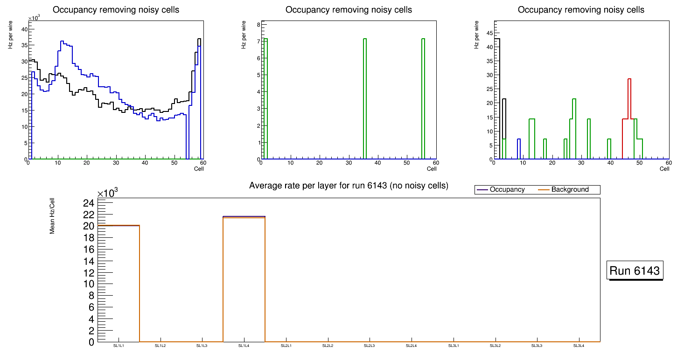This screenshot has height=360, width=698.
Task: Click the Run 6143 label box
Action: (x=635, y=271)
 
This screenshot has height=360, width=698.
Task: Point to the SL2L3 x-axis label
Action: (x=370, y=346)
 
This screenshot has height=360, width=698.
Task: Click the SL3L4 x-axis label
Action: (x=579, y=346)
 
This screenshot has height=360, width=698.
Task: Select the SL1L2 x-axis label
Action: (x=160, y=346)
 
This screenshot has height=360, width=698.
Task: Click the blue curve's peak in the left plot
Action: (x=62, y=42)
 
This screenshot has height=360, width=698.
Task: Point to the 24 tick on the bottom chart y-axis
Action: (x=89, y=203)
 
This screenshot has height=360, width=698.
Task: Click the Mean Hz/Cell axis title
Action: (x=52, y=216)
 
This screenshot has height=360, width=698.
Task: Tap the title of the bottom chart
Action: (x=349, y=186)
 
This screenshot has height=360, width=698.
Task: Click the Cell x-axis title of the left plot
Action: (x=199, y=168)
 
